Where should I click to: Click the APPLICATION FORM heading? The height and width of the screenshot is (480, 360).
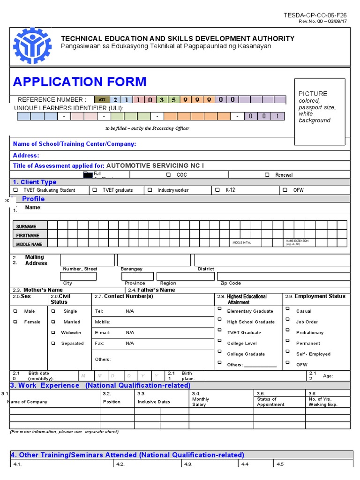[x=80, y=82]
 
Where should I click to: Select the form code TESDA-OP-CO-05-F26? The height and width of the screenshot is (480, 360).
[x=315, y=15]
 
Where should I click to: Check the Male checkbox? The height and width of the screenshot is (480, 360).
[x=15, y=311]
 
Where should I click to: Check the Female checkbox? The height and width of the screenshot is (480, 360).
[x=15, y=322]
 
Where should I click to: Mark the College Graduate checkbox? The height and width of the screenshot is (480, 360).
[x=219, y=353]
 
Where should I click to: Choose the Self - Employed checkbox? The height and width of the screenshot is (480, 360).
[x=287, y=353]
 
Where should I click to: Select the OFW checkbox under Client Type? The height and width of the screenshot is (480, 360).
[x=285, y=190]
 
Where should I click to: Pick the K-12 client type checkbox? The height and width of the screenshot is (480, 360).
[x=217, y=190]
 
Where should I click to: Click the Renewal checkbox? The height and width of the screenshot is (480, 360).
[x=267, y=175]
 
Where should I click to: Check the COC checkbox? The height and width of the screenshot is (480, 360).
[x=168, y=175]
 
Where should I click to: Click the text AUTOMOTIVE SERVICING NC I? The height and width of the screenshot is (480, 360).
[x=155, y=165]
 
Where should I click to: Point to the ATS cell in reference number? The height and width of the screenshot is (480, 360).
[x=101, y=99]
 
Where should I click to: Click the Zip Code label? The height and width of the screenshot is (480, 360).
[x=231, y=283]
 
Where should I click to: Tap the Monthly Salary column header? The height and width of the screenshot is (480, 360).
[x=201, y=402]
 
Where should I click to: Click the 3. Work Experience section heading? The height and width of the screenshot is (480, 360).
[x=100, y=385]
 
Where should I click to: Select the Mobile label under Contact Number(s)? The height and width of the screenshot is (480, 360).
[x=103, y=322]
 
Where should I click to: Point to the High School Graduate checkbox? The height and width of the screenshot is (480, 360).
[x=219, y=321]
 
